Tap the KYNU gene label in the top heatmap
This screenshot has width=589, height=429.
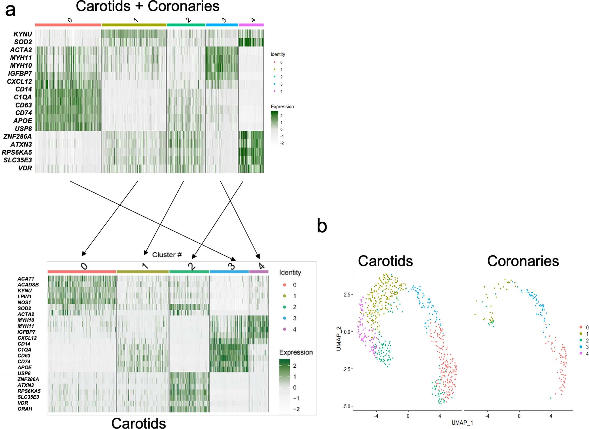[x=23, y=34]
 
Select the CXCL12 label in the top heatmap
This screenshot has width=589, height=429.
[x=19, y=81]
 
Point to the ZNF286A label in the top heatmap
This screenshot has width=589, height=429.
[x=17, y=136]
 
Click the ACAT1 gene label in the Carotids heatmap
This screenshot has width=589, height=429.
[x=26, y=279]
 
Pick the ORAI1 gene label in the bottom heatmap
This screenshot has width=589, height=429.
[x=25, y=409]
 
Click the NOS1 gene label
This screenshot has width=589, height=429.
[x=24, y=302]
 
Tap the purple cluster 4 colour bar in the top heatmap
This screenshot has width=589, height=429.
[x=251, y=25]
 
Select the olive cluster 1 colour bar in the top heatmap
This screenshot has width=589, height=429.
[x=134, y=25]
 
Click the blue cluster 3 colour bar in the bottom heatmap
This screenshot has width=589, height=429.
[x=229, y=272]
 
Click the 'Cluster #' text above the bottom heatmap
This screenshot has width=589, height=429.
[x=167, y=255]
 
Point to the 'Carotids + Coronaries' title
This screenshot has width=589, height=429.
[x=148, y=7]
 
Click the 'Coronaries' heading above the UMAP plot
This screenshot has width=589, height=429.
[x=523, y=261]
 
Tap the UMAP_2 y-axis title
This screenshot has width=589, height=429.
[x=339, y=339]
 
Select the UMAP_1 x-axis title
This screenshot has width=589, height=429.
[x=462, y=423]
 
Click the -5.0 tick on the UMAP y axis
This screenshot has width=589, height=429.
[x=347, y=406]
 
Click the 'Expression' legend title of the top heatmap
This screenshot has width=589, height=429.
[x=282, y=107]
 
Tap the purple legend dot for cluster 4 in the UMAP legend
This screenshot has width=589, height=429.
[x=581, y=354]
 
